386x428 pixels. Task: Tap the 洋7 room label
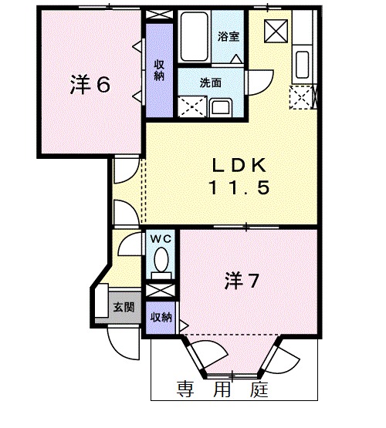[241, 281]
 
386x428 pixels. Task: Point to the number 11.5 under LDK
[239, 187]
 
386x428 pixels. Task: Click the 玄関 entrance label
[124, 307]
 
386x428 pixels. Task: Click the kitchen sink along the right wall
[301, 62]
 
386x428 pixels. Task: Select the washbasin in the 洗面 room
[218, 107]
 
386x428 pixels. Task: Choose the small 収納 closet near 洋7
[161, 318]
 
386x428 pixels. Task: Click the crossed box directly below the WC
[161, 292]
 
